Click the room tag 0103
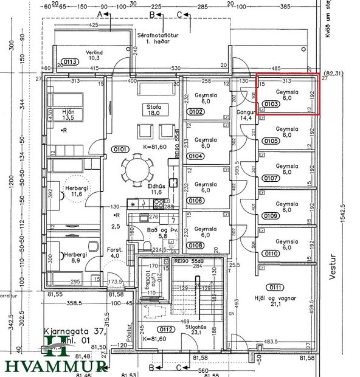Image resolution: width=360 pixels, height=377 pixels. click(x=272, y=104)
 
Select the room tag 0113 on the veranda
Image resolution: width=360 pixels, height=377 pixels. click(x=69, y=61)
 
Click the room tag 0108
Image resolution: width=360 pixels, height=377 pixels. click(x=195, y=246)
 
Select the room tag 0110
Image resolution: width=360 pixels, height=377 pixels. click(x=272, y=253)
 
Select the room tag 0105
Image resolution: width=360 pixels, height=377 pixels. click(x=272, y=141)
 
